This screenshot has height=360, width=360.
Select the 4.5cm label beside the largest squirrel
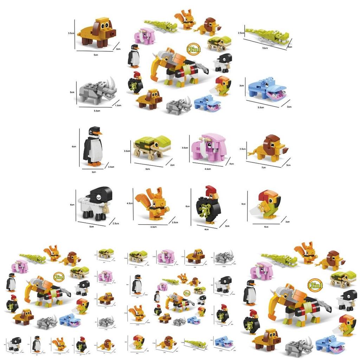click(x=129, y=203)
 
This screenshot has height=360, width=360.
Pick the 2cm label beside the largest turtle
click(x=172, y=165)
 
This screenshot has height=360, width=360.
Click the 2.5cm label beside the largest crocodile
click(x=241, y=33)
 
